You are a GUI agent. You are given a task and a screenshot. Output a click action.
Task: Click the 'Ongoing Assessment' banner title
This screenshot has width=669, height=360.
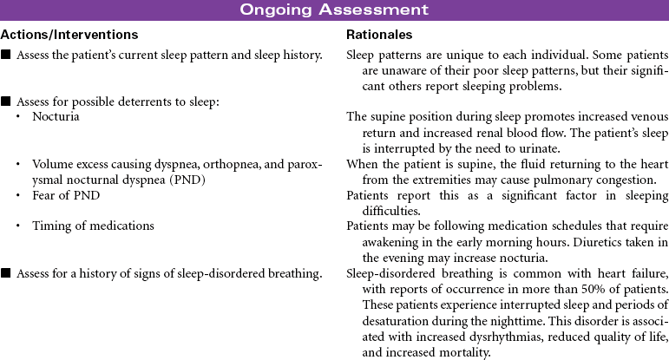pos(334,10)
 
